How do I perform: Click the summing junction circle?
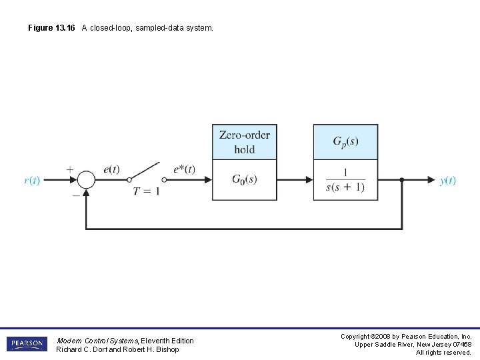(x=86, y=180)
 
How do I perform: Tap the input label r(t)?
(x=32, y=181)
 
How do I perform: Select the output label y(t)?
(x=448, y=181)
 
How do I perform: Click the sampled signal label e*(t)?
(x=184, y=169)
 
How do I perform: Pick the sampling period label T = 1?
(x=147, y=191)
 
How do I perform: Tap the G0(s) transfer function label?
(x=245, y=179)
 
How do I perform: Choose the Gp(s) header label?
(x=345, y=141)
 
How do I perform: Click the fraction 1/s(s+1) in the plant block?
(x=345, y=179)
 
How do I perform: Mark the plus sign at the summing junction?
(x=70, y=169)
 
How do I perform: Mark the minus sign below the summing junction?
(x=76, y=195)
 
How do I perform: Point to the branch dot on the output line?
(x=402, y=180)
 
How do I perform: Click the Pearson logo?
(x=27, y=344)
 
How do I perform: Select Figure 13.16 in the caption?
(x=53, y=28)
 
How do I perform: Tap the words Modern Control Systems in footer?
(x=97, y=341)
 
